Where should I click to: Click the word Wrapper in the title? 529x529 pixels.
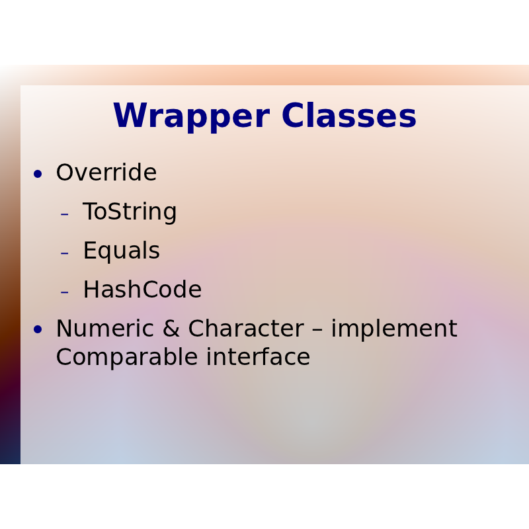pyautogui.click(x=192, y=116)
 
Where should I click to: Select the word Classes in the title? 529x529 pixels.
pyautogui.click(x=349, y=115)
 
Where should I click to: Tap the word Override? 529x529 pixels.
pyautogui.click(x=106, y=172)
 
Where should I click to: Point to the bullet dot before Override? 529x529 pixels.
pyautogui.click(x=38, y=174)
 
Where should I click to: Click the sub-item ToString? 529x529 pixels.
pyautogui.click(x=130, y=212)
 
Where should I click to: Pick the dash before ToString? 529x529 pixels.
pyautogui.click(x=64, y=214)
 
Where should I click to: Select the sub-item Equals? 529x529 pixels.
pyautogui.click(x=122, y=251)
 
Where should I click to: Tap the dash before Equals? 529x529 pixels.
pyautogui.click(x=64, y=253)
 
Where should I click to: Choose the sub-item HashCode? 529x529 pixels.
pyautogui.click(x=142, y=289)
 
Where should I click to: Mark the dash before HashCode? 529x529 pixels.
pyautogui.click(x=64, y=292)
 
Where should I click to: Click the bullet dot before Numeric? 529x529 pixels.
pyautogui.click(x=38, y=329)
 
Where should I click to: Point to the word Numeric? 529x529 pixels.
pyautogui.click(x=105, y=328)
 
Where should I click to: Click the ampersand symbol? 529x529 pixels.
pyautogui.click(x=171, y=328)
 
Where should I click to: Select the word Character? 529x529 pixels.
pyautogui.click(x=246, y=328)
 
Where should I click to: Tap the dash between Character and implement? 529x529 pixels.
pyautogui.click(x=317, y=330)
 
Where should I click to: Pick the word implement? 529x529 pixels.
pyautogui.click(x=394, y=329)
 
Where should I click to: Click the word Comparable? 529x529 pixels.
pyautogui.click(x=127, y=358)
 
